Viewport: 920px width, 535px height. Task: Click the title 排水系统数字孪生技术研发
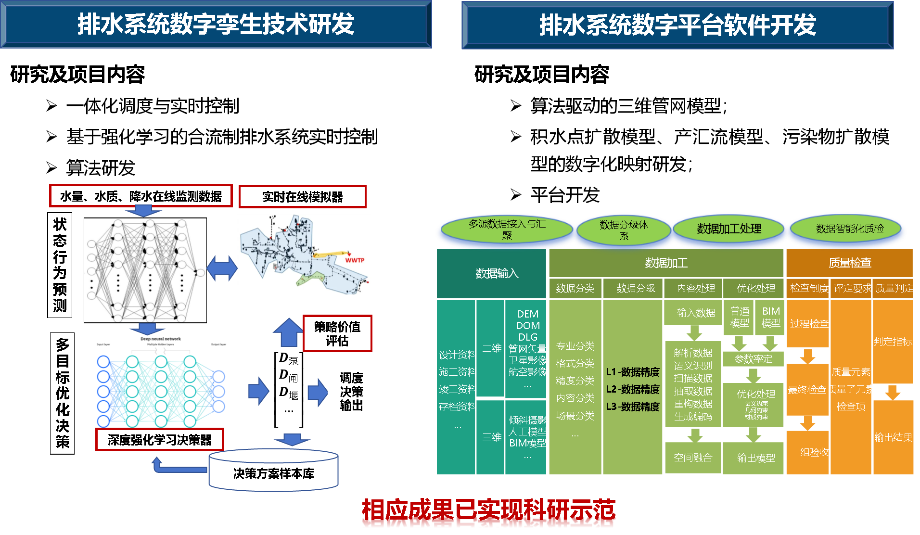[x=216, y=25]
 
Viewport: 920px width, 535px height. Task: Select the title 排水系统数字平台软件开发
[x=677, y=25]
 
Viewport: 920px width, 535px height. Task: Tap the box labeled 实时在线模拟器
[x=302, y=197]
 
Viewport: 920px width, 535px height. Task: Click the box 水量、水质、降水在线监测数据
[x=141, y=196]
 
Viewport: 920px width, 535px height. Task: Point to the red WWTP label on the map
[x=355, y=260]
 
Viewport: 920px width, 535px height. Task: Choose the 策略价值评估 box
[x=337, y=333]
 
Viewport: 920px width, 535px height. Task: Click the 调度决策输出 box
[x=351, y=391]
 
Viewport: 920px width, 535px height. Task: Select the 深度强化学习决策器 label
[x=159, y=440]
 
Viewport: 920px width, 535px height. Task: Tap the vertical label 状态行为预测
[x=60, y=265]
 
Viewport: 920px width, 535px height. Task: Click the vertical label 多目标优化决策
[x=63, y=393]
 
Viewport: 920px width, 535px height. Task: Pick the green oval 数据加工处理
[x=728, y=229]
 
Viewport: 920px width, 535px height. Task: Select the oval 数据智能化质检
[x=849, y=229]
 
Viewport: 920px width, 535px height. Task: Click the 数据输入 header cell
[x=497, y=273]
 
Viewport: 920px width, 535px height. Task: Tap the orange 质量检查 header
[x=849, y=263]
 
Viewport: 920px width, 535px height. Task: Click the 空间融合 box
[x=693, y=458]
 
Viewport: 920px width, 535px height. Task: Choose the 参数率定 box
[x=753, y=359]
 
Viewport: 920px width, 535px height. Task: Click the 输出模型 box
[x=755, y=458]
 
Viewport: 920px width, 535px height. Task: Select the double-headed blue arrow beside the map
[x=222, y=267]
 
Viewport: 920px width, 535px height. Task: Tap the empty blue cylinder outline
[x=273, y=470]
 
